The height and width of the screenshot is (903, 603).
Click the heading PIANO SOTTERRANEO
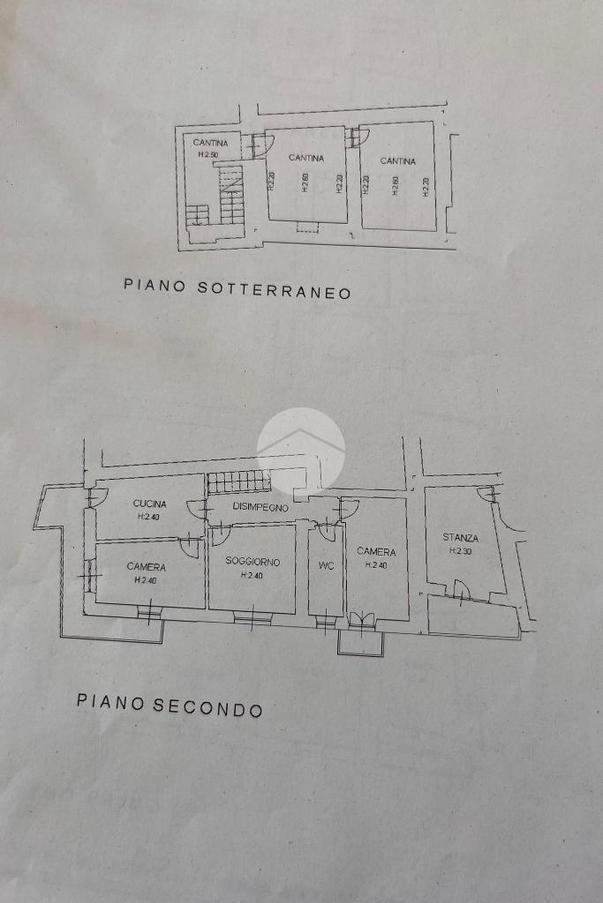[237, 288]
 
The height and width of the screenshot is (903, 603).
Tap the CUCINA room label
[149, 504]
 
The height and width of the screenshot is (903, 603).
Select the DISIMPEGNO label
[260, 507]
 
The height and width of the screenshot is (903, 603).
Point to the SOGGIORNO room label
[253, 561]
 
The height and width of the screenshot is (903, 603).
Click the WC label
[326, 566]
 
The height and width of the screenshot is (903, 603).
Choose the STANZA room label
[461, 537]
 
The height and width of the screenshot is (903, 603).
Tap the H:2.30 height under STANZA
[461, 550]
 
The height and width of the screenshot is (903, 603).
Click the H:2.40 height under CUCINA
[149, 516]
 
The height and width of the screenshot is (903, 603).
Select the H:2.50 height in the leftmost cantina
[207, 155]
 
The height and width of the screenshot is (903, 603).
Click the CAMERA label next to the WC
[376, 552]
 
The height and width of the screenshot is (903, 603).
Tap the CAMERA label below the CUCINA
[146, 567]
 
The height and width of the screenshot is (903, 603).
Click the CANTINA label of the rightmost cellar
[398, 161]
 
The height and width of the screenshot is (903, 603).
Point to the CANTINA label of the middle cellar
[305, 159]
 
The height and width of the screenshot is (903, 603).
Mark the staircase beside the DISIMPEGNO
[238, 481]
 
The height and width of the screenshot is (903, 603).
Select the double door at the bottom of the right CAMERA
[362, 619]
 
